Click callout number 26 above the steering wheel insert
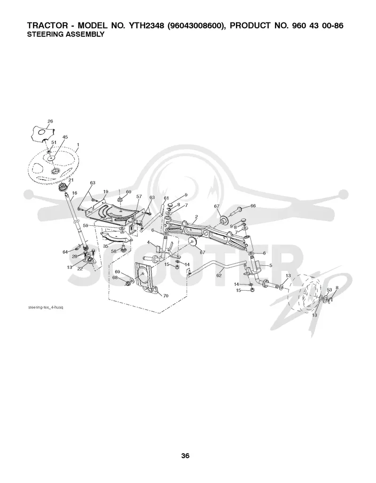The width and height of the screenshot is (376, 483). coord(50,121)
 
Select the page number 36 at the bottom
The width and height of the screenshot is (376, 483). coord(185,456)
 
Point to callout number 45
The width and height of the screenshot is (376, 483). coord(65,137)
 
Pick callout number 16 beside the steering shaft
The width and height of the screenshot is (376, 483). coord(75,193)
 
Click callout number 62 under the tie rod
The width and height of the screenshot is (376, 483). coord(219,276)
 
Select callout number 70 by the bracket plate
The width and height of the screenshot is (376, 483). coord(165,296)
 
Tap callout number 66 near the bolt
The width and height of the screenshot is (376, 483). coord(253,206)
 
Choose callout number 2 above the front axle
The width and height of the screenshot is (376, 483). coord(196,217)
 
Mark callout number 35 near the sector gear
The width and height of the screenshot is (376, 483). coord(106,246)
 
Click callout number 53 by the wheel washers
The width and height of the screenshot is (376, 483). coord(329,290)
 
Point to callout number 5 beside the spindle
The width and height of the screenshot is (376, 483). coord(271,265)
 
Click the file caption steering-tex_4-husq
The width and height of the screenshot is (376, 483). coord(46,308)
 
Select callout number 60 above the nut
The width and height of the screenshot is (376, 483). coord(128,192)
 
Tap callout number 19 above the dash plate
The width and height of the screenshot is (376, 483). coord(105,192)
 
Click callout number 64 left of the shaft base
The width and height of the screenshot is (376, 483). coord(65,252)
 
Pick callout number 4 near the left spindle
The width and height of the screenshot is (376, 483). coord(149,242)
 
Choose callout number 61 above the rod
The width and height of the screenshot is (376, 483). coord(166,198)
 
